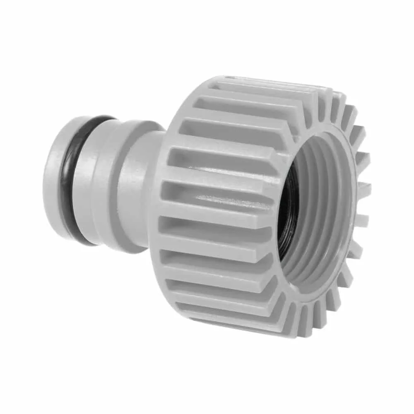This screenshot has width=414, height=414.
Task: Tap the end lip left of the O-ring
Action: (x=52, y=182)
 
